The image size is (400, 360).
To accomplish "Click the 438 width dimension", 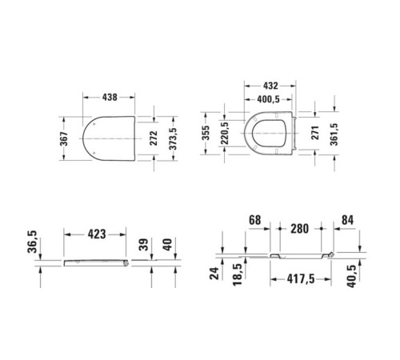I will pyautogui.click(x=110, y=97).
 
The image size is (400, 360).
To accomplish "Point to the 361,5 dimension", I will pyautogui.click(x=337, y=131).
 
